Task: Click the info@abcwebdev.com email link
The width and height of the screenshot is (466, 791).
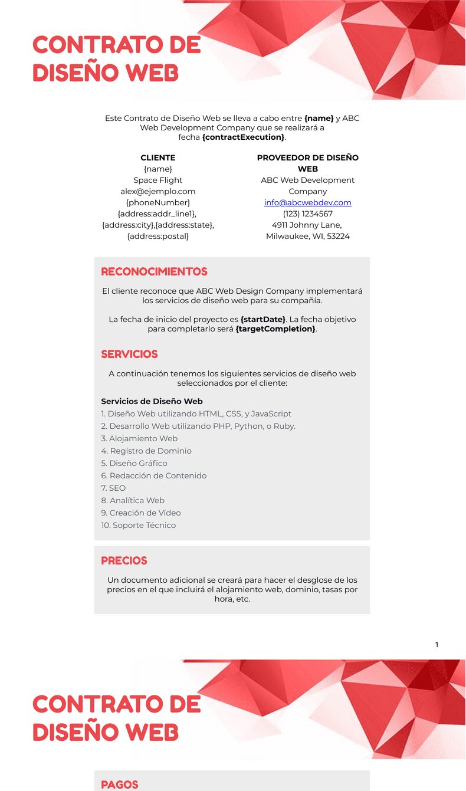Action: click(x=307, y=202)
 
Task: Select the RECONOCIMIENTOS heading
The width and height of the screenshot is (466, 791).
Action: click(x=154, y=272)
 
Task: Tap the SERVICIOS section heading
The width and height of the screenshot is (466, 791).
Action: click(x=129, y=355)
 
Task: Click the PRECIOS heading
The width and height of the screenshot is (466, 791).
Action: click(x=124, y=561)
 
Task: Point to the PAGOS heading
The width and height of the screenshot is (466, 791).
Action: click(x=120, y=785)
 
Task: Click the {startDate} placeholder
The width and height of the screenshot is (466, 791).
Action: click(x=262, y=319)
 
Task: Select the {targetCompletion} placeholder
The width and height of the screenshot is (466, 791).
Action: click(x=275, y=329)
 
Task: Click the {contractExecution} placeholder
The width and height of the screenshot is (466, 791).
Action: click(x=243, y=137)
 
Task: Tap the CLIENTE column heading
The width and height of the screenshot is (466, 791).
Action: click(x=157, y=157)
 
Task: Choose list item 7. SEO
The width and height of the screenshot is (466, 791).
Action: click(x=113, y=488)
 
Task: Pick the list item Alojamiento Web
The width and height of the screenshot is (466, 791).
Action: click(x=139, y=438)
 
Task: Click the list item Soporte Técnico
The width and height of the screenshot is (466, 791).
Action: click(x=139, y=525)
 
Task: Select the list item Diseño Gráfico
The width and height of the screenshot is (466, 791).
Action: click(x=134, y=463)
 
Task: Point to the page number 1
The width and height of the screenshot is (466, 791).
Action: click(x=437, y=645)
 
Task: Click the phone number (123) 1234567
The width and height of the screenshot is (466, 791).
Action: click(x=307, y=214)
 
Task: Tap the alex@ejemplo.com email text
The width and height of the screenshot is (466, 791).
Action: click(x=157, y=191)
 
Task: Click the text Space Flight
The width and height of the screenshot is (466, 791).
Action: click(x=157, y=180)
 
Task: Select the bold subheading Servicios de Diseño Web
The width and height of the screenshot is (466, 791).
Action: click(x=152, y=401)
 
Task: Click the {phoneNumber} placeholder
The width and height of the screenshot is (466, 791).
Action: click(x=157, y=202)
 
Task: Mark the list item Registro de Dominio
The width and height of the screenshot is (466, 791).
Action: click(x=146, y=451)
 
